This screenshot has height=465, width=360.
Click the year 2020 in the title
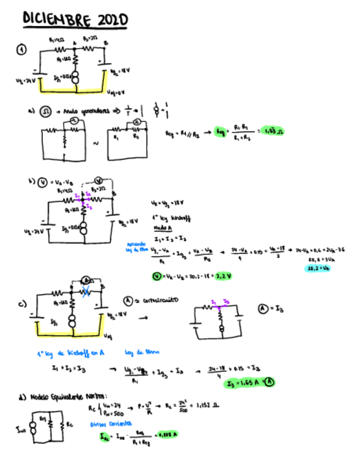tap(113, 20)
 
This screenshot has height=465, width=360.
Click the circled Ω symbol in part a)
tap(46, 111)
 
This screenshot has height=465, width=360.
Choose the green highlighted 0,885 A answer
tap(167, 435)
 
